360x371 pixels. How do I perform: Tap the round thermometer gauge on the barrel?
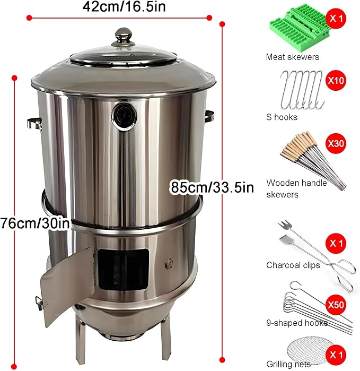pyautogui.click(x=125, y=116)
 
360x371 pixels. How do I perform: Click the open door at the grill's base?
pyautogui.click(x=67, y=284)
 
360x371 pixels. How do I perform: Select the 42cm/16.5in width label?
pyautogui.click(x=124, y=6)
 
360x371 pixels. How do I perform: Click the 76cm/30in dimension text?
pyautogui.click(x=36, y=223)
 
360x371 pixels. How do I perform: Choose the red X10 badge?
pyautogui.click(x=336, y=81)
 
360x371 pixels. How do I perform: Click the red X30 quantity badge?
pyautogui.click(x=336, y=143)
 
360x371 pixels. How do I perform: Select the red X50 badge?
pyautogui.click(x=336, y=305)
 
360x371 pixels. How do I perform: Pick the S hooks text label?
pyautogui.click(x=282, y=117)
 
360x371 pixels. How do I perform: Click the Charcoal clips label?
pyautogui.click(x=293, y=265)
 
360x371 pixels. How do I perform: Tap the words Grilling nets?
pyautogui.click(x=288, y=364)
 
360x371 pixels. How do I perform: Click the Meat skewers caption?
pyautogui.click(x=292, y=57)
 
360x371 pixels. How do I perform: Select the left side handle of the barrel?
pyautogui.click(x=34, y=124)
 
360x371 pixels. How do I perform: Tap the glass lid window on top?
pyautogui.click(x=123, y=57)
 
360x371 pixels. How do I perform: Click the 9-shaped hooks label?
pyautogui.click(x=297, y=323)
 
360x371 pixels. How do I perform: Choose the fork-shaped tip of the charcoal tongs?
pyautogui.click(x=285, y=225)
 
